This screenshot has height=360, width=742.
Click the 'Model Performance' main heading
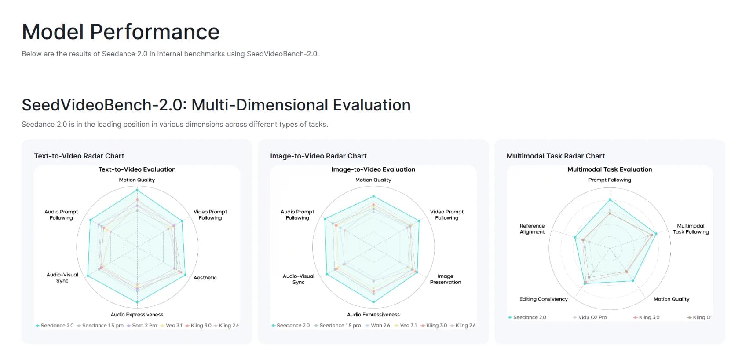(121, 32)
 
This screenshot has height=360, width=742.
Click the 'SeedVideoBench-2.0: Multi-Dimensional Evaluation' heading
(216, 105)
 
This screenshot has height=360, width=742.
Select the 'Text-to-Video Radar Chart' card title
(79, 156)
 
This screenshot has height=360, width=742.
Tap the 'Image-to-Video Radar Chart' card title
(318, 156)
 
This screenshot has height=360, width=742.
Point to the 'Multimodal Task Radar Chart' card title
(556, 156)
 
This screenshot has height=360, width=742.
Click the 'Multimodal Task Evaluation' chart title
(609, 169)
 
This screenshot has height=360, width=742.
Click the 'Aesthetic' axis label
(205, 278)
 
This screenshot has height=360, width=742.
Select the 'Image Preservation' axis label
(445, 279)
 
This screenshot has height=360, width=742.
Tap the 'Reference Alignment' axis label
(532, 229)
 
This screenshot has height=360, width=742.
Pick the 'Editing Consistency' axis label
(543, 299)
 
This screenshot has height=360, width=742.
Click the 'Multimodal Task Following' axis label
(690, 229)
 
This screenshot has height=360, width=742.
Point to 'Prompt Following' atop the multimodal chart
(609, 180)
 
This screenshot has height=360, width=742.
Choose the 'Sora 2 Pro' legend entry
(144, 326)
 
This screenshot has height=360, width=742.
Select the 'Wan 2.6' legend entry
(380, 326)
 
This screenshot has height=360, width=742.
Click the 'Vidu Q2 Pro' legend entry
(592, 317)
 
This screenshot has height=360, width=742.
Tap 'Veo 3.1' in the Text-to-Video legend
(174, 326)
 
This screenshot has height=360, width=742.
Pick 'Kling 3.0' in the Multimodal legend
(649, 317)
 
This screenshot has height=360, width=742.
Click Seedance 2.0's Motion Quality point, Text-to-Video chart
(137, 190)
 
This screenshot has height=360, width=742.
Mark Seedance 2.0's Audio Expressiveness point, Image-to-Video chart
(373, 302)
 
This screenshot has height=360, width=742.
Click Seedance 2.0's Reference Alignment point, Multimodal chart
(575, 238)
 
